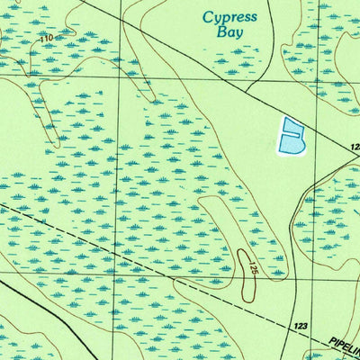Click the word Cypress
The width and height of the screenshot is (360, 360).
229,17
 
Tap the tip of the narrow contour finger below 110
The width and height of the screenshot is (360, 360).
56,144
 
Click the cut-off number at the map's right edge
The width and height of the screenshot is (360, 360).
355,146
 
